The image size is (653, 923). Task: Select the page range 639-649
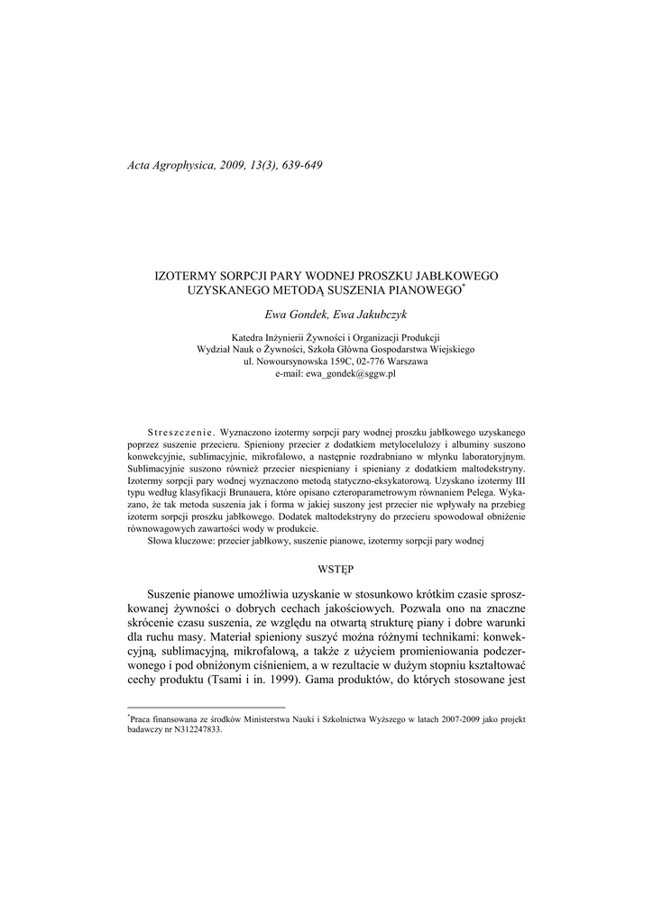[x=299, y=165]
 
